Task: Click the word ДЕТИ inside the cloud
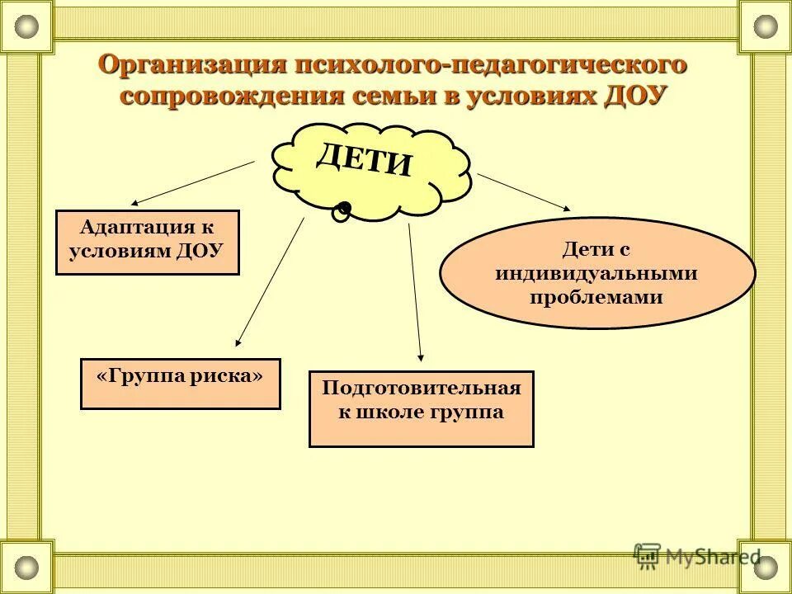point(364,158)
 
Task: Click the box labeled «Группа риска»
point(180,384)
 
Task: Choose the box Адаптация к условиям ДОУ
point(147,242)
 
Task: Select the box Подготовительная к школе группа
point(421,409)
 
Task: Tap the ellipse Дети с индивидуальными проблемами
point(596,273)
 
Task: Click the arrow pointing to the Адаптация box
point(191,182)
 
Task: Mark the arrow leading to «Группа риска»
point(270,281)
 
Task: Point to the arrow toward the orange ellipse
point(523,191)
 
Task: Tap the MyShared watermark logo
point(696,555)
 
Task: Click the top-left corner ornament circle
point(26,26)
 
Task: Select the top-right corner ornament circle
point(766,26)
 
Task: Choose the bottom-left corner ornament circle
point(26,568)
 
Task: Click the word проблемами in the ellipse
point(596,298)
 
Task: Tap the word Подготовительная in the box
point(421,388)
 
